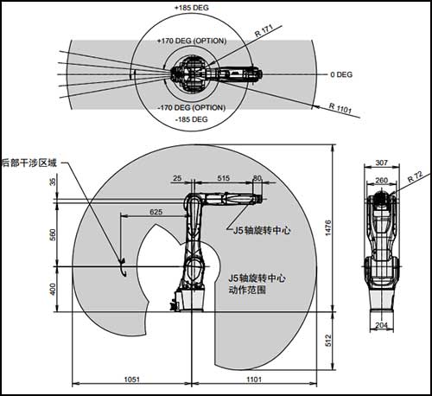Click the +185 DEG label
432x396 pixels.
[192, 8]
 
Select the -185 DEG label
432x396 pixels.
[192, 119]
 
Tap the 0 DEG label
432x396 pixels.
[341, 74]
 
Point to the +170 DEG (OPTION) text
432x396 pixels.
[192, 41]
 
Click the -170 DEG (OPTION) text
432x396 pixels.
[192, 108]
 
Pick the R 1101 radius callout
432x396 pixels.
[340, 109]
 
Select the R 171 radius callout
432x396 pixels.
[264, 31]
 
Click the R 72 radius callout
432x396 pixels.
[415, 176]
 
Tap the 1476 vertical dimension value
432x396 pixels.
[328, 228]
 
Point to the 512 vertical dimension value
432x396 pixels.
[328, 341]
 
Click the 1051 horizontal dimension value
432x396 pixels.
[132, 380]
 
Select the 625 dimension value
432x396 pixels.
[156, 212]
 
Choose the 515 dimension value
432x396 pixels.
[224, 178]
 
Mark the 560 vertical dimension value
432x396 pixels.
[53, 234]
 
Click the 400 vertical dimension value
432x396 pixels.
[53, 289]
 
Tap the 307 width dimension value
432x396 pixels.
[382, 163]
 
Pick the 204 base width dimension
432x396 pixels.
[382, 325]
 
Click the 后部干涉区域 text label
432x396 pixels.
[29, 163]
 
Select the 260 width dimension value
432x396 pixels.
[382, 181]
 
